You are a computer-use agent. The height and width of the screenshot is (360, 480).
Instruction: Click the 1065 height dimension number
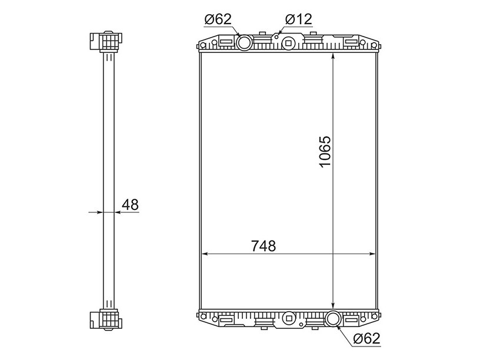[x=325, y=152]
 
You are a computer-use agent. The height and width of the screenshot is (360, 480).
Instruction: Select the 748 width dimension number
[x=264, y=246]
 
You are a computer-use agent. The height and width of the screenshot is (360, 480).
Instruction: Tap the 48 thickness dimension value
[x=130, y=205]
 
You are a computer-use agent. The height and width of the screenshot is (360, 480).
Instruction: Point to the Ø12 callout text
[x=298, y=19]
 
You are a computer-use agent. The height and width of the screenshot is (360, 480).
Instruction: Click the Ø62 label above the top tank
[x=218, y=19]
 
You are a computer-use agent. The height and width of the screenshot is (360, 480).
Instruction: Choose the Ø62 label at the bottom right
[x=366, y=338]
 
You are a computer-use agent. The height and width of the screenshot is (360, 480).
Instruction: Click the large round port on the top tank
[x=245, y=42]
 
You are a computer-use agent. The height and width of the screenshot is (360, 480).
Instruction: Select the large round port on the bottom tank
[x=334, y=319]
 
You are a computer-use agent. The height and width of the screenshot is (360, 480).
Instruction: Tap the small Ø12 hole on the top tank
[x=276, y=37]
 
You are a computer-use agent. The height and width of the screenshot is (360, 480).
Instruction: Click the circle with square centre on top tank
[x=288, y=42]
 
